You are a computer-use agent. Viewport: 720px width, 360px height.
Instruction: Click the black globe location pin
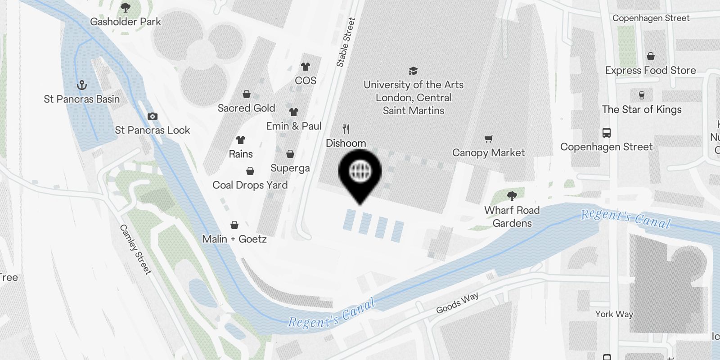pyautogui.click(x=360, y=173)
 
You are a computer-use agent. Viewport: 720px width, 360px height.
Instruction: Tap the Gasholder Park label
pyautogui.click(x=126, y=22)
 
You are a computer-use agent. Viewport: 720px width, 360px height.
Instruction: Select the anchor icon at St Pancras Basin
pyautogui.click(x=82, y=85)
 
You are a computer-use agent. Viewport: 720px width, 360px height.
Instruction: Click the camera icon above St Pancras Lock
pyautogui.click(x=153, y=116)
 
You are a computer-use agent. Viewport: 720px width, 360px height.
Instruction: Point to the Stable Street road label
pyautogui.click(x=346, y=43)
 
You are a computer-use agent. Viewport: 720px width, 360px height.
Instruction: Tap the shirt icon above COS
pyautogui.click(x=306, y=67)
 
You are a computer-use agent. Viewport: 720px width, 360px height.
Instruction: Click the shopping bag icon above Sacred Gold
pyautogui.click(x=247, y=94)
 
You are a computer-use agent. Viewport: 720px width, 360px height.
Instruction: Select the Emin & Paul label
pyautogui.click(x=294, y=126)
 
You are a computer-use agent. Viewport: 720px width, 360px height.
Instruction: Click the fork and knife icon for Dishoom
pyautogui.click(x=346, y=130)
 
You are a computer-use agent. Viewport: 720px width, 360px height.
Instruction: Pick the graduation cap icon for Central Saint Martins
pyautogui.click(x=413, y=71)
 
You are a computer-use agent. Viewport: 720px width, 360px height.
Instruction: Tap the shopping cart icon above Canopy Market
pyautogui.click(x=488, y=139)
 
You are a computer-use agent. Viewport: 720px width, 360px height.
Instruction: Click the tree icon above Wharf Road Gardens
pyautogui.click(x=512, y=196)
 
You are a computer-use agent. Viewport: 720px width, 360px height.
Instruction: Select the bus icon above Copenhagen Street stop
pyautogui.click(x=607, y=133)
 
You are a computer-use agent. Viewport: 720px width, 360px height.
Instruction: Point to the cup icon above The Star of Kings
pyautogui.click(x=642, y=95)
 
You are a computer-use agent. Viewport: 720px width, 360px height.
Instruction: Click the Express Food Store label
pyautogui.click(x=650, y=71)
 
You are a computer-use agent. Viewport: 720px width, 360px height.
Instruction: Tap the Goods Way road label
pyautogui.click(x=457, y=303)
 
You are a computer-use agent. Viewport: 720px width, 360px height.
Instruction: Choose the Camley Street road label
pyautogui.click(x=135, y=249)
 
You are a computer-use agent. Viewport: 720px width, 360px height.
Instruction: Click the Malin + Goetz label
pyautogui.click(x=234, y=239)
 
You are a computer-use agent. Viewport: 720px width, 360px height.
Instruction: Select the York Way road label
pyautogui.click(x=614, y=314)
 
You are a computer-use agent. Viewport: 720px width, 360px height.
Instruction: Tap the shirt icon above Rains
pyautogui.click(x=241, y=140)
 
